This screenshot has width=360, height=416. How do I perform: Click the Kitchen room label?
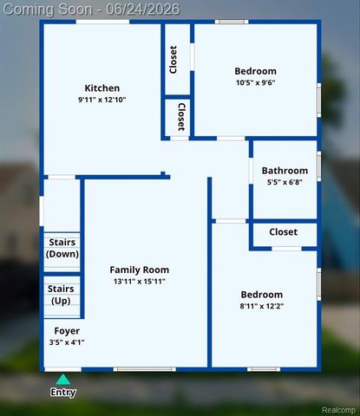click(102, 88)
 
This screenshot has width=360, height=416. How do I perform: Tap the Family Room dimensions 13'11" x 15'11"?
click(140, 281)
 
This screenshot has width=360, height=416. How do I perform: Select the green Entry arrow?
click(63, 380)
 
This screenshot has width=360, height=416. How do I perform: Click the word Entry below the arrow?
click(63, 393)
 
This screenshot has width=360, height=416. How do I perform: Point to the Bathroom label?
click(285, 171)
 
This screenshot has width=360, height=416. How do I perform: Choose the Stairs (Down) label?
click(62, 248)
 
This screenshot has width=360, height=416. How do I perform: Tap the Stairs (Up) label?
click(61, 295)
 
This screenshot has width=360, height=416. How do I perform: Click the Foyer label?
click(67, 331)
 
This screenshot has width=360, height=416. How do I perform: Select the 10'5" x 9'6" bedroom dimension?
click(256, 82)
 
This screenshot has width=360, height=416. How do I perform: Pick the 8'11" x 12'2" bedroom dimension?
click(262, 306)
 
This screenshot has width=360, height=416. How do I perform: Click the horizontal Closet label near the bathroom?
click(283, 232)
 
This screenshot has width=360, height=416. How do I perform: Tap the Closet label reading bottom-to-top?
click(173, 60)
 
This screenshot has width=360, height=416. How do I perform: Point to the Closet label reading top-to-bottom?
click(181, 117)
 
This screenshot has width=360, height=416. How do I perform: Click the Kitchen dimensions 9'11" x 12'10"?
click(102, 100)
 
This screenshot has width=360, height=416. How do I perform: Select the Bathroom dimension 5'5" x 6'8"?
click(285, 182)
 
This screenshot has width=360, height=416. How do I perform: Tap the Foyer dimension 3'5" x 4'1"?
click(67, 342)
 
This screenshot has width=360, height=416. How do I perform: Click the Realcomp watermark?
click(338, 410)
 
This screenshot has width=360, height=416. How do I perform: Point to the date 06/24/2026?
click(142, 10)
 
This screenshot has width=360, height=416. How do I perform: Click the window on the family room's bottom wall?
click(144, 369)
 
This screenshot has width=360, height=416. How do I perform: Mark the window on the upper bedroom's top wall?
click(232, 22)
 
